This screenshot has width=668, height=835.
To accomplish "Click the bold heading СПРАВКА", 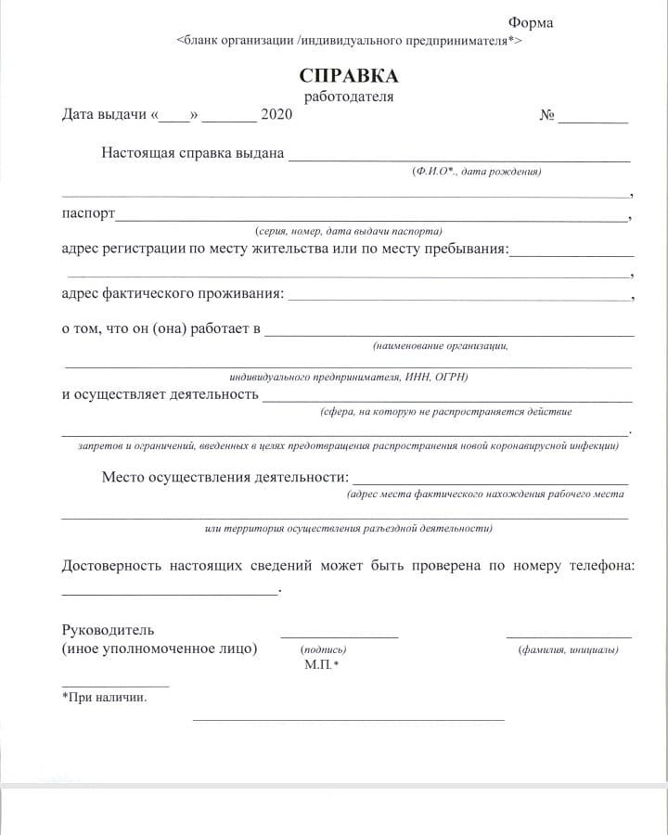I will pos(348,75).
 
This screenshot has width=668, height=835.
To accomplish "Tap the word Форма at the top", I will pos(530,23).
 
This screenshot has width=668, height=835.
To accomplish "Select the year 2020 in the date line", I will pos(276,115).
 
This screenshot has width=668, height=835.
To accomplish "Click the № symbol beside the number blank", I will pos(546,116).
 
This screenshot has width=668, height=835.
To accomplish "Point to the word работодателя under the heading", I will pos(348,96).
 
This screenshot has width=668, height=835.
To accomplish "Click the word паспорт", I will pos(88,213).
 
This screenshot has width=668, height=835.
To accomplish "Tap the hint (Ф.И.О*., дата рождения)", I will pos(477,172).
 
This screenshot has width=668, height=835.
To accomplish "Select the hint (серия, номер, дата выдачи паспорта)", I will pos(348,231).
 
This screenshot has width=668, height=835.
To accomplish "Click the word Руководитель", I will pos(108,630).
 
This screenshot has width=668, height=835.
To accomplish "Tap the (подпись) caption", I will pos(324,649).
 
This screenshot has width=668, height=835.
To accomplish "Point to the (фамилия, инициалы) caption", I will pos(568,649).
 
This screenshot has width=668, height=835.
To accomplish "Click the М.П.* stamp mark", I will pos(321,665).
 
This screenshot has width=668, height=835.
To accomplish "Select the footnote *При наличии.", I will pos(104,697).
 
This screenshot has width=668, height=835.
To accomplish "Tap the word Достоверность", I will pos(110,566).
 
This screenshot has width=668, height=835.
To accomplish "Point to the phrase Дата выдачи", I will pos(104,115).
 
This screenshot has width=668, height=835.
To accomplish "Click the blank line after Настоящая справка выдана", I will pos(459,160).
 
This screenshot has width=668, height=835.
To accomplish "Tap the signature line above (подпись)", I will pos(339,636).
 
